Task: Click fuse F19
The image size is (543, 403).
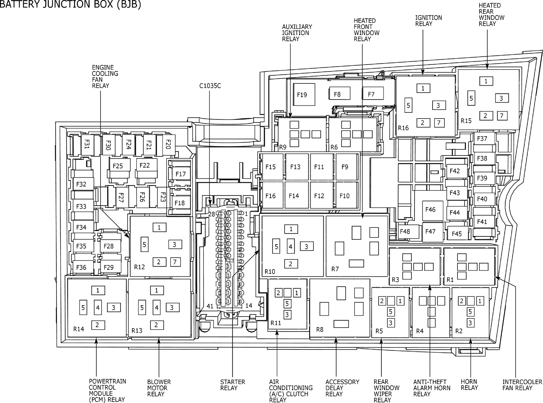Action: click(x=304, y=94)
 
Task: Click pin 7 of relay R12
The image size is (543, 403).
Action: click(x=175, y=262)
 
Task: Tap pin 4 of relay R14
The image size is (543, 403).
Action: click(x=98, y=308)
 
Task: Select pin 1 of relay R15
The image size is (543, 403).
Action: click(x=486, y=81)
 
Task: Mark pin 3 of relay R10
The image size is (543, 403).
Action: click(x=307, y=246)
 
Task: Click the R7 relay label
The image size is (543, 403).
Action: click(x=335, y=269)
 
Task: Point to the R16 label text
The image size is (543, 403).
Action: click(x=403, y=128)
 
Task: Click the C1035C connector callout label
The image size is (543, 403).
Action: click(x=210, y=86)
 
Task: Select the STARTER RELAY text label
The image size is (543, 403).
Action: click(x=232, y=385)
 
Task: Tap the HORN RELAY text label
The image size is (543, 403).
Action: click(x=469, y=385)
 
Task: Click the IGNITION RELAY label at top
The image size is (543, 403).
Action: click(x=429, y=21)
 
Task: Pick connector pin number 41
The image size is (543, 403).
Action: click(x=210, y=306)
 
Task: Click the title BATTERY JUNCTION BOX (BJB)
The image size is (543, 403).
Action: click(x=70, y=4)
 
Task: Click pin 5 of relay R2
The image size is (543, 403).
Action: click(x=470, y=312)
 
